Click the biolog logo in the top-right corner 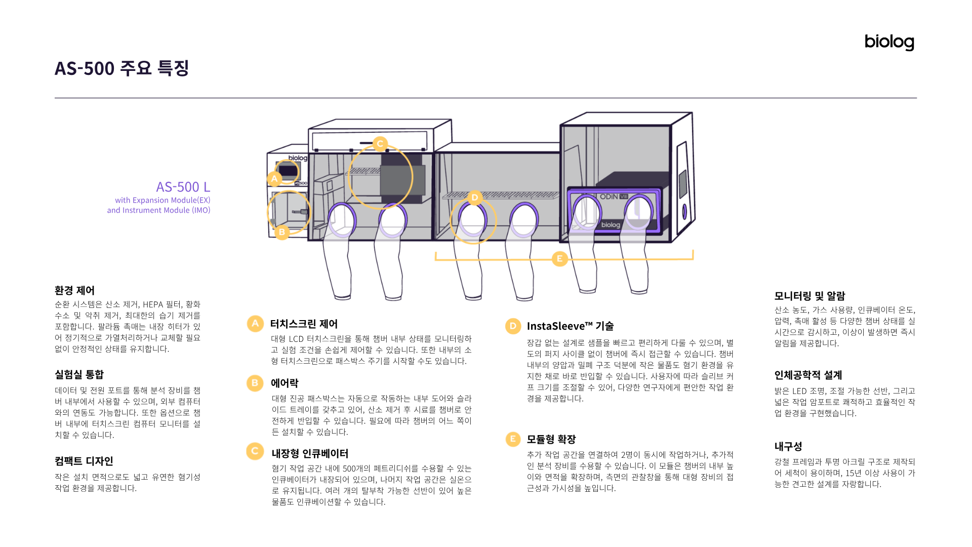point(889,42)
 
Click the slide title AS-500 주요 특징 point(121,68)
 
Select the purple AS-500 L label point(183,187)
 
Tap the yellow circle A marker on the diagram point(274,179)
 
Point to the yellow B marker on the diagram point(282,232)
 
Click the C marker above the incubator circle point(380,144)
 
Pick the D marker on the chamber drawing point(474,198)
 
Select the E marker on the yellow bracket point(559,259)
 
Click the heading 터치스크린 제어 point(304,324)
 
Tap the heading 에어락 point(285,383)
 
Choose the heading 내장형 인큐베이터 point(310,453)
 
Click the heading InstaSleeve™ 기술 point(570,326)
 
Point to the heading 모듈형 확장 point(551,439)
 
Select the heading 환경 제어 point(75,290)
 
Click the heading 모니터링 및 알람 point(809,296)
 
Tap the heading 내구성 point(788,446)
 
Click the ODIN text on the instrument point(609,197)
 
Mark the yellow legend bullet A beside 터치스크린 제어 point(255,324)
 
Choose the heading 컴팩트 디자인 point(84,461)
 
